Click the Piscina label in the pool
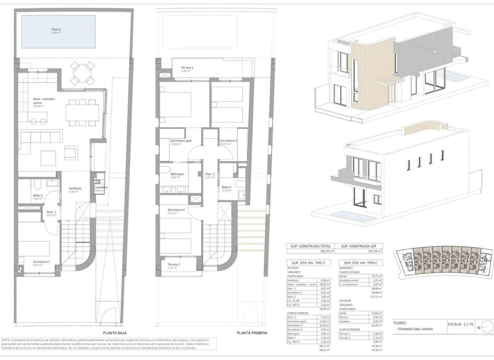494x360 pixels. pyautogui.click(x=55, y=30)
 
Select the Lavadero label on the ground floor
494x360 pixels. pyautogui.click(x=101, y=188)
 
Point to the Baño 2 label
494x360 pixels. pyautogui.click(x=37, y=196)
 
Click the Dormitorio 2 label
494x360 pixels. pyautogui.click(x=42, y=262)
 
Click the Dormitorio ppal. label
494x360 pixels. pyautogui.click(x=181, y=141)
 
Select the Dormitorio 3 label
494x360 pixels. pyautogui.click(x=228, y=141)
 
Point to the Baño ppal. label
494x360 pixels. pyautogui.click(x=178, y=175)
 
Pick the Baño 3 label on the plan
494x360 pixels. pyautogui.click(x=226, y=188)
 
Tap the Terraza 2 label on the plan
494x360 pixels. pyautogui.click(x=173, y=265)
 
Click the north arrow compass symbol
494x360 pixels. pyautogui.click(x=486, y=327)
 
